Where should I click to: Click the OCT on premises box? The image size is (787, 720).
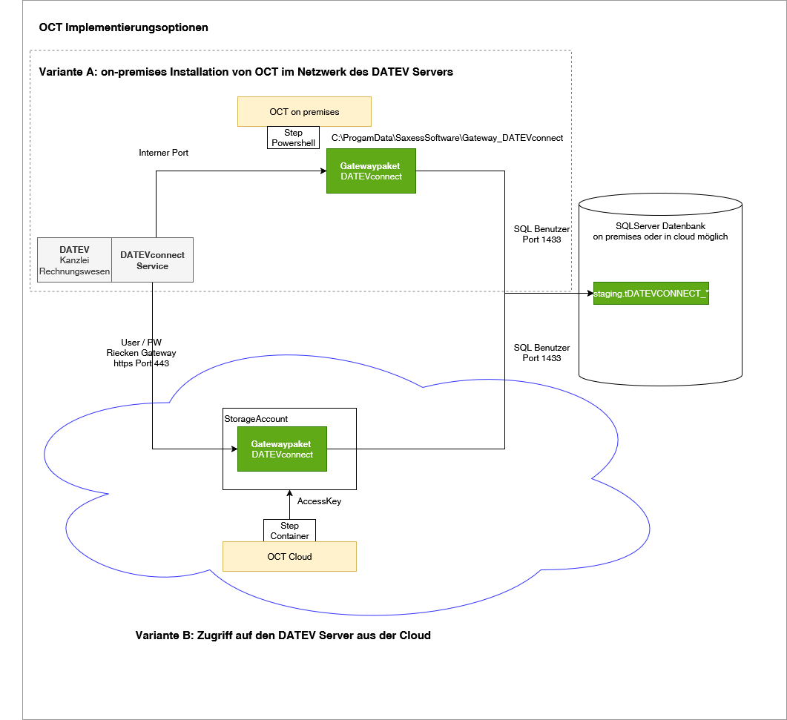click(x=304, y=112)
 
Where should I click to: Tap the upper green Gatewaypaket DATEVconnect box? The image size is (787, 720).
click(x=371, y=171)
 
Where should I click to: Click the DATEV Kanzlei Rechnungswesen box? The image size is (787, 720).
click(x=74, y=260)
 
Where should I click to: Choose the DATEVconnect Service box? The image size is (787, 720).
click(x=152, y=260)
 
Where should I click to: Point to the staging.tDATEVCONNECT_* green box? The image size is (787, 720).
click(x=651, y=294)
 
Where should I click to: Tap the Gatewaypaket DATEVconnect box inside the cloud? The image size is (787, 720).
click(x=282, y=449)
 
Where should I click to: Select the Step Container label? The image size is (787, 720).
click(x=289, y=531)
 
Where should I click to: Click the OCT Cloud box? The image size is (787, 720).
click(x=289, y=557)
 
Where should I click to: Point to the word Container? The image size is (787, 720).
click(x=289, y=536)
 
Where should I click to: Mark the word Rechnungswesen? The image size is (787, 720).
click(x=74, y=271)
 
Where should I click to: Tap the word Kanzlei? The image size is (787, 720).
click(x=74, y=261)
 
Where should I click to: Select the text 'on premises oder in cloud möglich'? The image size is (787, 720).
click(x=660, y=237)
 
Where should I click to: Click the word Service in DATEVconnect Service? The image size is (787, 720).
click(x=152, y=266)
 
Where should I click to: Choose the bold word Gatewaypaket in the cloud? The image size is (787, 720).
click(x=280, y=444)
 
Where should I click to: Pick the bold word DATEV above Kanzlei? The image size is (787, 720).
click(x=74, y=250)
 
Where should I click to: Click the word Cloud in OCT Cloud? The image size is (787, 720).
click(x=300, y=557)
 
